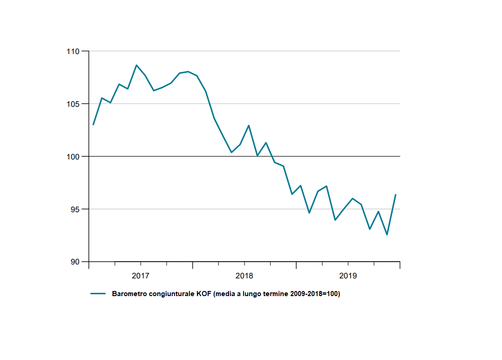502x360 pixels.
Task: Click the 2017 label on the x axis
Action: click(x=140, y=276)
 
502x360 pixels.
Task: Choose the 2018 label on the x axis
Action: click(x=244, y=276)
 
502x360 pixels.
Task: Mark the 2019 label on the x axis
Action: click(x=348, y=276)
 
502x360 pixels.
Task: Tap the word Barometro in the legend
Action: click(x=128, y=294)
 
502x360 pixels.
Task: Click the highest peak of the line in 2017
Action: click(x=136, y=65)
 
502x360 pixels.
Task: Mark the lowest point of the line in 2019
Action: click(x=387, y=235)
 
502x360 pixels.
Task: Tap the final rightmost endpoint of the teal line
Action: click(x=396, y=194)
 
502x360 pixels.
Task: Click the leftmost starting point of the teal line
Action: click(x=93, y=125)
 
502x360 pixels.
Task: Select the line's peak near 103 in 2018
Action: click(x=249, y=125)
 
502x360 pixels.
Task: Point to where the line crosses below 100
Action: click(x=272, y=157)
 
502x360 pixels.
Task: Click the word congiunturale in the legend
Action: click(x=167, y=294)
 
